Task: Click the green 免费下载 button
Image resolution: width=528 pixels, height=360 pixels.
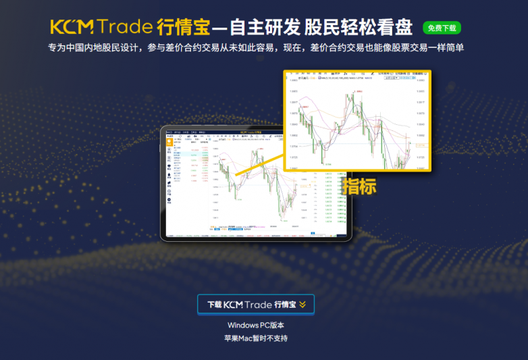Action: point(442,28)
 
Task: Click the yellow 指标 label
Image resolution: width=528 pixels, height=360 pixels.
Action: point(359,186)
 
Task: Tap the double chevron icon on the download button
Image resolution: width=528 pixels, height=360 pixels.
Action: point(302,305)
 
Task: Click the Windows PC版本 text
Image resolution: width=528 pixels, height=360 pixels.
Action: point(256,326)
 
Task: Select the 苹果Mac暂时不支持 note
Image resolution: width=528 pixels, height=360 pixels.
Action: point(256,338)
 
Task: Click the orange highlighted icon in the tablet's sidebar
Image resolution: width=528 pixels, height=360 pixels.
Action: point(169,143)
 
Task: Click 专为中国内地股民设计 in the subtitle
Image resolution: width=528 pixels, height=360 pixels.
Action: point(93,48)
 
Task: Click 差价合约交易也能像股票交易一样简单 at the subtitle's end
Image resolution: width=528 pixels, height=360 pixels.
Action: point(387,48)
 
